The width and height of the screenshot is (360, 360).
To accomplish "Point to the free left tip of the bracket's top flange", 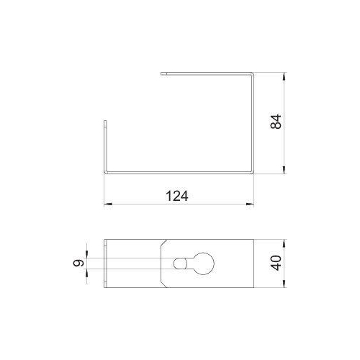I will tap(163, 73).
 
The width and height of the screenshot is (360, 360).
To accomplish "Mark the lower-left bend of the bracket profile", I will tap(105, 173).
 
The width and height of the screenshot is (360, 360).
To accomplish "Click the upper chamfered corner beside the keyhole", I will tap(164, 243).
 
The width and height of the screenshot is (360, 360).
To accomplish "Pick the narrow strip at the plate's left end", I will tap(106, 264).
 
